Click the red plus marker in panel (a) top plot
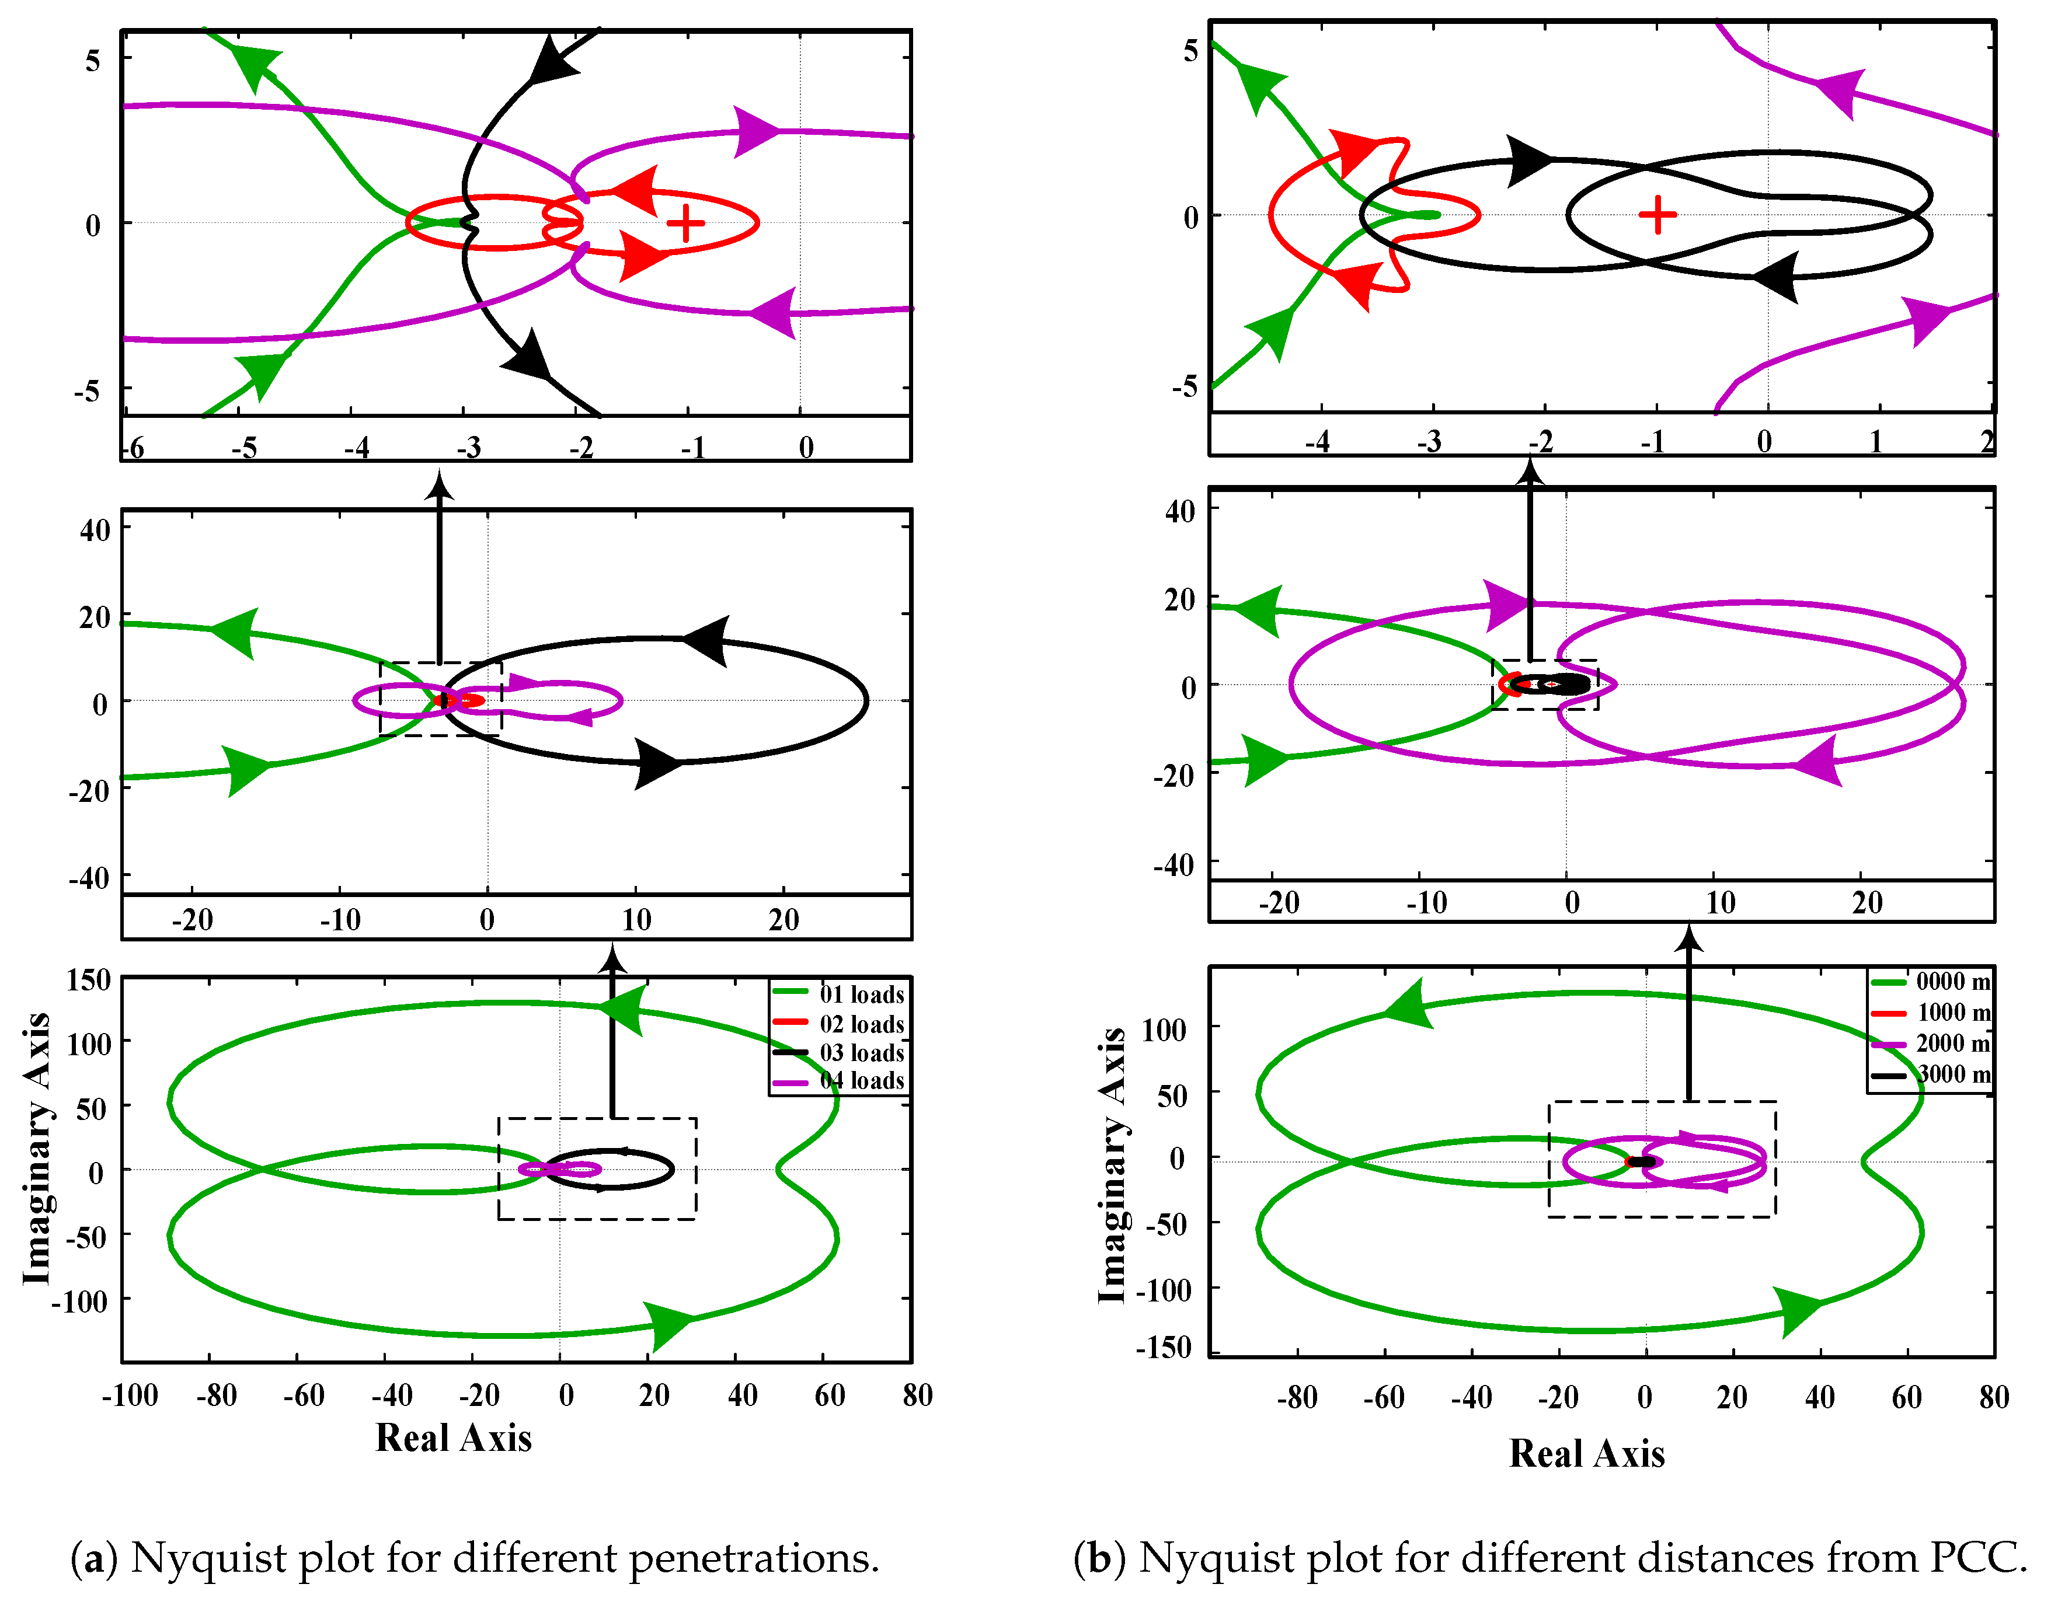pyautogui.click(x=685, y=224)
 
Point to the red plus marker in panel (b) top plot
pyautogui.click(x=1657, y=215)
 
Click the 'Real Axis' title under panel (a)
pyautogui.click(x=454, y=1437)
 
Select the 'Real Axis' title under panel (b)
pyautogui.click(x=1587, y=1453)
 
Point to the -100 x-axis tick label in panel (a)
pyautogui.click(x=130, y=1395)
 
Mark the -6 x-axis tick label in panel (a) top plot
pyautogui.click(x=135, y=448)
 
